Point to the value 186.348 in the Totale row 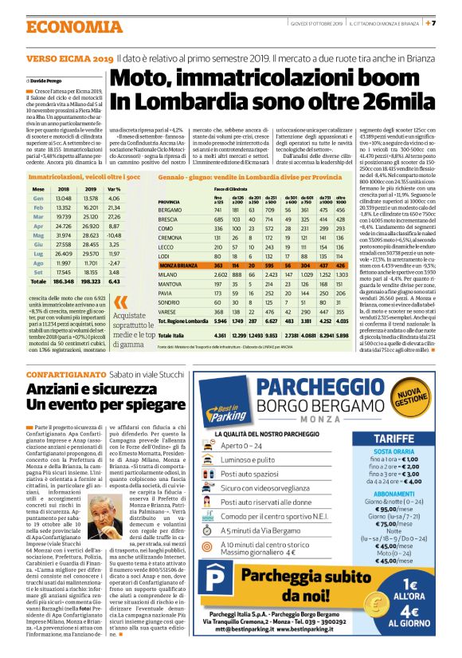click(64, 281)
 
